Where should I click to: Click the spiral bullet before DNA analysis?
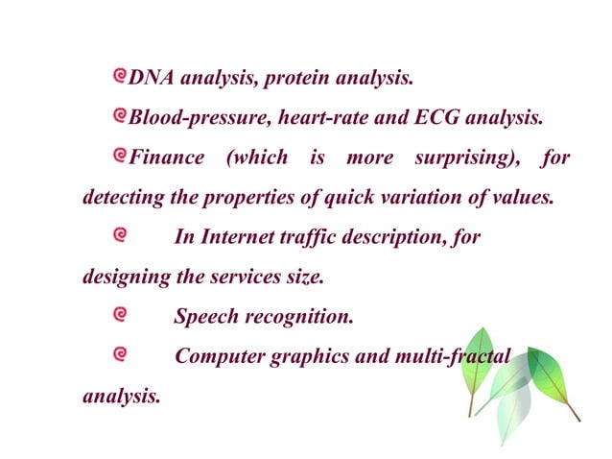click(x=120, y=75)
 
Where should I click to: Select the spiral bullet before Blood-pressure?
click(x=120, y=116)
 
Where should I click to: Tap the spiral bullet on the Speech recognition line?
click(x=120, y=314)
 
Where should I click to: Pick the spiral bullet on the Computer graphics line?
click(x=120, y=354)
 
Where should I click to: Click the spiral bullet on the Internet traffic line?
click(x=120, y=234)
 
